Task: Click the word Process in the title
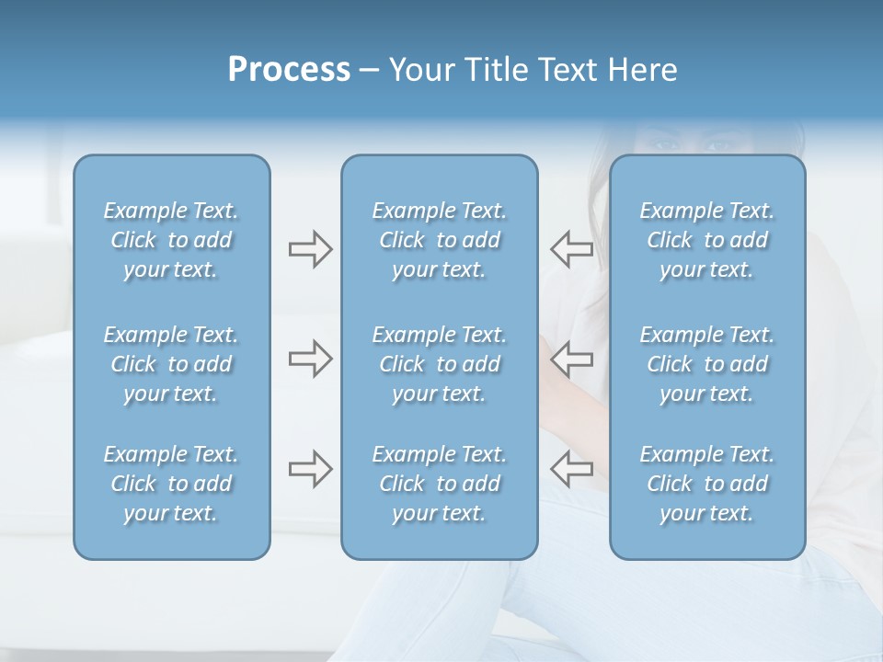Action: click(289, 70)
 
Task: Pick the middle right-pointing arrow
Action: click(310, 359)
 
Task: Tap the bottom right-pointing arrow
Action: click(310, 469)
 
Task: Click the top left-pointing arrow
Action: click(571, 249)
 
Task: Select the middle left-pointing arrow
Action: click(571, 359)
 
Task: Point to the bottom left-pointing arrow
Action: click(571, 469)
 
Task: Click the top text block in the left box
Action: click(171, 240)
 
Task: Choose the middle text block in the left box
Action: click(171, 364)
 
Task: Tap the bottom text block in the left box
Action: click(171, 484)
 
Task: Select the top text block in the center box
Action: click(439, 240)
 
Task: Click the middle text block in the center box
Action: click(439, 364)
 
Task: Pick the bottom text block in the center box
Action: click(439, 484)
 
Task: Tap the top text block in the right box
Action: click(706, 240)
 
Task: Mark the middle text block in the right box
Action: click(706, 364)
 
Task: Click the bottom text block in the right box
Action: click(706, 484)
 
